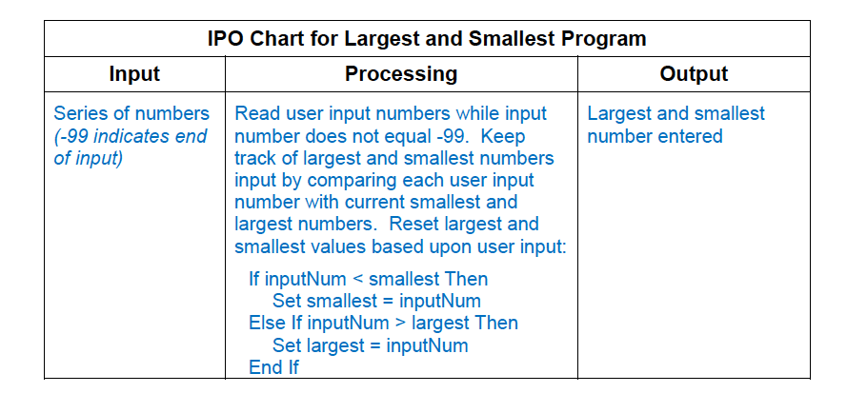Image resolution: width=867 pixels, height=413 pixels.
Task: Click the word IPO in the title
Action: [225, 39]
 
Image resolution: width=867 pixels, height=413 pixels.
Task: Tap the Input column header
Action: [134, 74]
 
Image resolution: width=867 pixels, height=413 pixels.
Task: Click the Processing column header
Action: [401, 74]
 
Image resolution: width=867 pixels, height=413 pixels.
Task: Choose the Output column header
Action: [694, 74]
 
